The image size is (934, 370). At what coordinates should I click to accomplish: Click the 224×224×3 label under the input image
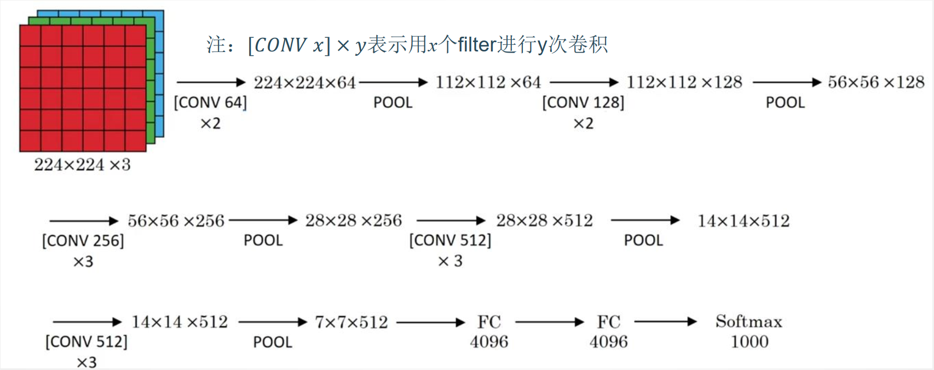coord(82,164)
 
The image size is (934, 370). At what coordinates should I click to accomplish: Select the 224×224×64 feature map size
coord(304,83)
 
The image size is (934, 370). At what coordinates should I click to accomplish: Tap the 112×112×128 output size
coord(684,83)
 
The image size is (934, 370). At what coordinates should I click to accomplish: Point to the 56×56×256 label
coord(176,221)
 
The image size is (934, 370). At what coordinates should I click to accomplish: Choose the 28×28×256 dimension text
coord(354,221)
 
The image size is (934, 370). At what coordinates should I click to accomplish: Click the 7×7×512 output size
coord(351,322)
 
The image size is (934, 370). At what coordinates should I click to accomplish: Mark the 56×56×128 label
coord(876,83)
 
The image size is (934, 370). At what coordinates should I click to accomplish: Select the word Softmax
coord(748,321)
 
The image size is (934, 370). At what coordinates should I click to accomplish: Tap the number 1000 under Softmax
coord(749,342)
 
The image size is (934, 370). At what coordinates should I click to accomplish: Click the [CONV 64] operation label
coord(210,102)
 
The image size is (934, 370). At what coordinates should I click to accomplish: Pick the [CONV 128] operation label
coord(583,102)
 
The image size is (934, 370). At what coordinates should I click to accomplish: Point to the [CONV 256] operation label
coord(83,240)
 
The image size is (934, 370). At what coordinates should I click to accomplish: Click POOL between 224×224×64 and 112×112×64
coord(393,102)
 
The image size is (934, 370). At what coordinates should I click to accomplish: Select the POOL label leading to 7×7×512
coord(272,342)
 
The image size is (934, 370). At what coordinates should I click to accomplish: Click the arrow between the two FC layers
coord(550,322)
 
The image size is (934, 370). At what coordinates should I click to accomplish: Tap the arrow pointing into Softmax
coord(665,322)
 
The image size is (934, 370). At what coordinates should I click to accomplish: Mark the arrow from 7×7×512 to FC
coord(430,322)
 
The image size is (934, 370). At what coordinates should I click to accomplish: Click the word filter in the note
coord(477,45)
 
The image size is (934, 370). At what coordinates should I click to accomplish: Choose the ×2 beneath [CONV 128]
coord(583,124)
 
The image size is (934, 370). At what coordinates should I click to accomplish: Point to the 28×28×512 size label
coord(544,221)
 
